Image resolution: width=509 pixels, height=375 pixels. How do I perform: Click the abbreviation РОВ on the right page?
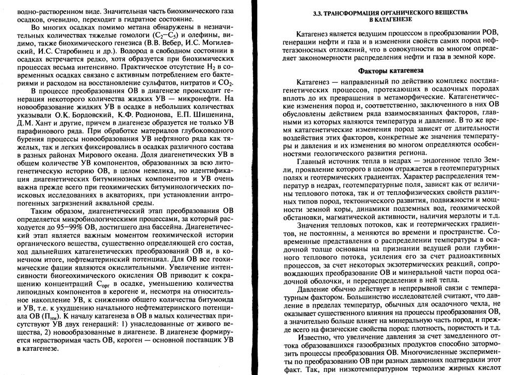(486, 32)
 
